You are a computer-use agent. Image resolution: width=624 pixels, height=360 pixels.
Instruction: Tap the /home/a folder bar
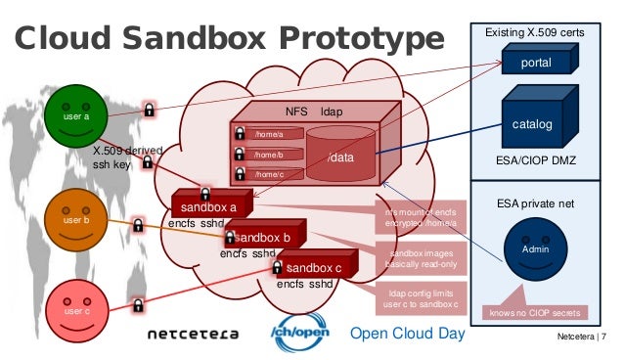(x=269, y=133)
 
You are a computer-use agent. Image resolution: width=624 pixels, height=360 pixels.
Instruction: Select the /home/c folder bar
(x=269, y=174)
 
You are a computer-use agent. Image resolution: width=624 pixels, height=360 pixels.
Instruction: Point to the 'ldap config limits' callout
(x=409, y=297)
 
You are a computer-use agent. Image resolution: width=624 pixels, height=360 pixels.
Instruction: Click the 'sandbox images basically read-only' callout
(x=409, y=257)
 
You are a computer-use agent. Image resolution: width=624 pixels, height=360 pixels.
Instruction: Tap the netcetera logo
(x=193, y=334)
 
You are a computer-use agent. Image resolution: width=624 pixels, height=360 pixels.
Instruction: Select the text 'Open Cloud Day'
(x=408, y=334)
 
